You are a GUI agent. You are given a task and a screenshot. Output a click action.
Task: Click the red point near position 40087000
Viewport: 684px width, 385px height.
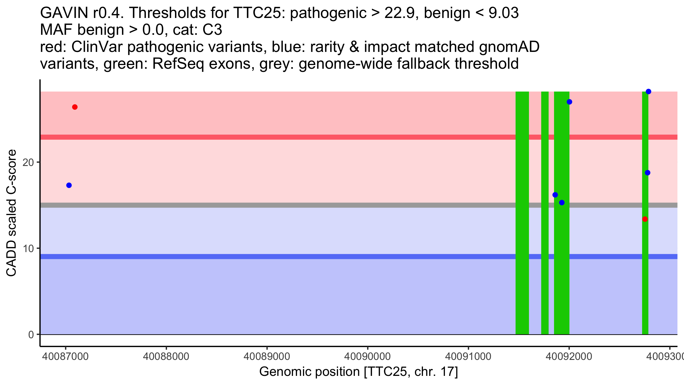pos(75,107)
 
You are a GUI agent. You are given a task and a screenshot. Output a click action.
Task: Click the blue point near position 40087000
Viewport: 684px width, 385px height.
pos(69,185)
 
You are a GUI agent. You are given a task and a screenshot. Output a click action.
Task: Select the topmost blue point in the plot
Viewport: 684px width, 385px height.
pos(648,92)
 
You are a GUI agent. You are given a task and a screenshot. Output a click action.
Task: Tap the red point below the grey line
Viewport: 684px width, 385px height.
pos(645,219)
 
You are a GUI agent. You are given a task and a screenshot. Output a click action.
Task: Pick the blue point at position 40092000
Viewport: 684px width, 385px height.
pos(569,102)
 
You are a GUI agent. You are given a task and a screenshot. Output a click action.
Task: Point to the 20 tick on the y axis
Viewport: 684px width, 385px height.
pos(38,162)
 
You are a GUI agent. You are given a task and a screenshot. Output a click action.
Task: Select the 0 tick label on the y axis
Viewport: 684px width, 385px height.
pos(31,335)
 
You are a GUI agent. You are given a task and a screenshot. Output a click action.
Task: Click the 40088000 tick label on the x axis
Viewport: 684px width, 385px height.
pos(166,356)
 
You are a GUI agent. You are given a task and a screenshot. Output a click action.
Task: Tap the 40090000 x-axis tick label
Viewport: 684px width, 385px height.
pos(368,356)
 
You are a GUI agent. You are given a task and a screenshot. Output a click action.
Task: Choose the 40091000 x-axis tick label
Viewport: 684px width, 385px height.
pos(468,356)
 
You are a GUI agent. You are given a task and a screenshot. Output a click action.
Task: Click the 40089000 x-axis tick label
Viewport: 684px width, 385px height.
pos(267,356)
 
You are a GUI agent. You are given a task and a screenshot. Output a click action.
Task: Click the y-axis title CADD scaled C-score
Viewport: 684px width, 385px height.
pos(11,213)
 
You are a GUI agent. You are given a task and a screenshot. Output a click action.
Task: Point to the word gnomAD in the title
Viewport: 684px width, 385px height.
pos(509,47)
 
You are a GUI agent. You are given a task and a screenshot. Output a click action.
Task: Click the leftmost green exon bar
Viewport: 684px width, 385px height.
pos(522,213)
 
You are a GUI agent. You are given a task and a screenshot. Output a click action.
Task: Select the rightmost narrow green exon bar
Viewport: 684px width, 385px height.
pos(645,213)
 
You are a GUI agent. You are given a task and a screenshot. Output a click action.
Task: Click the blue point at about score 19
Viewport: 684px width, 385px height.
pos(648,173)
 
